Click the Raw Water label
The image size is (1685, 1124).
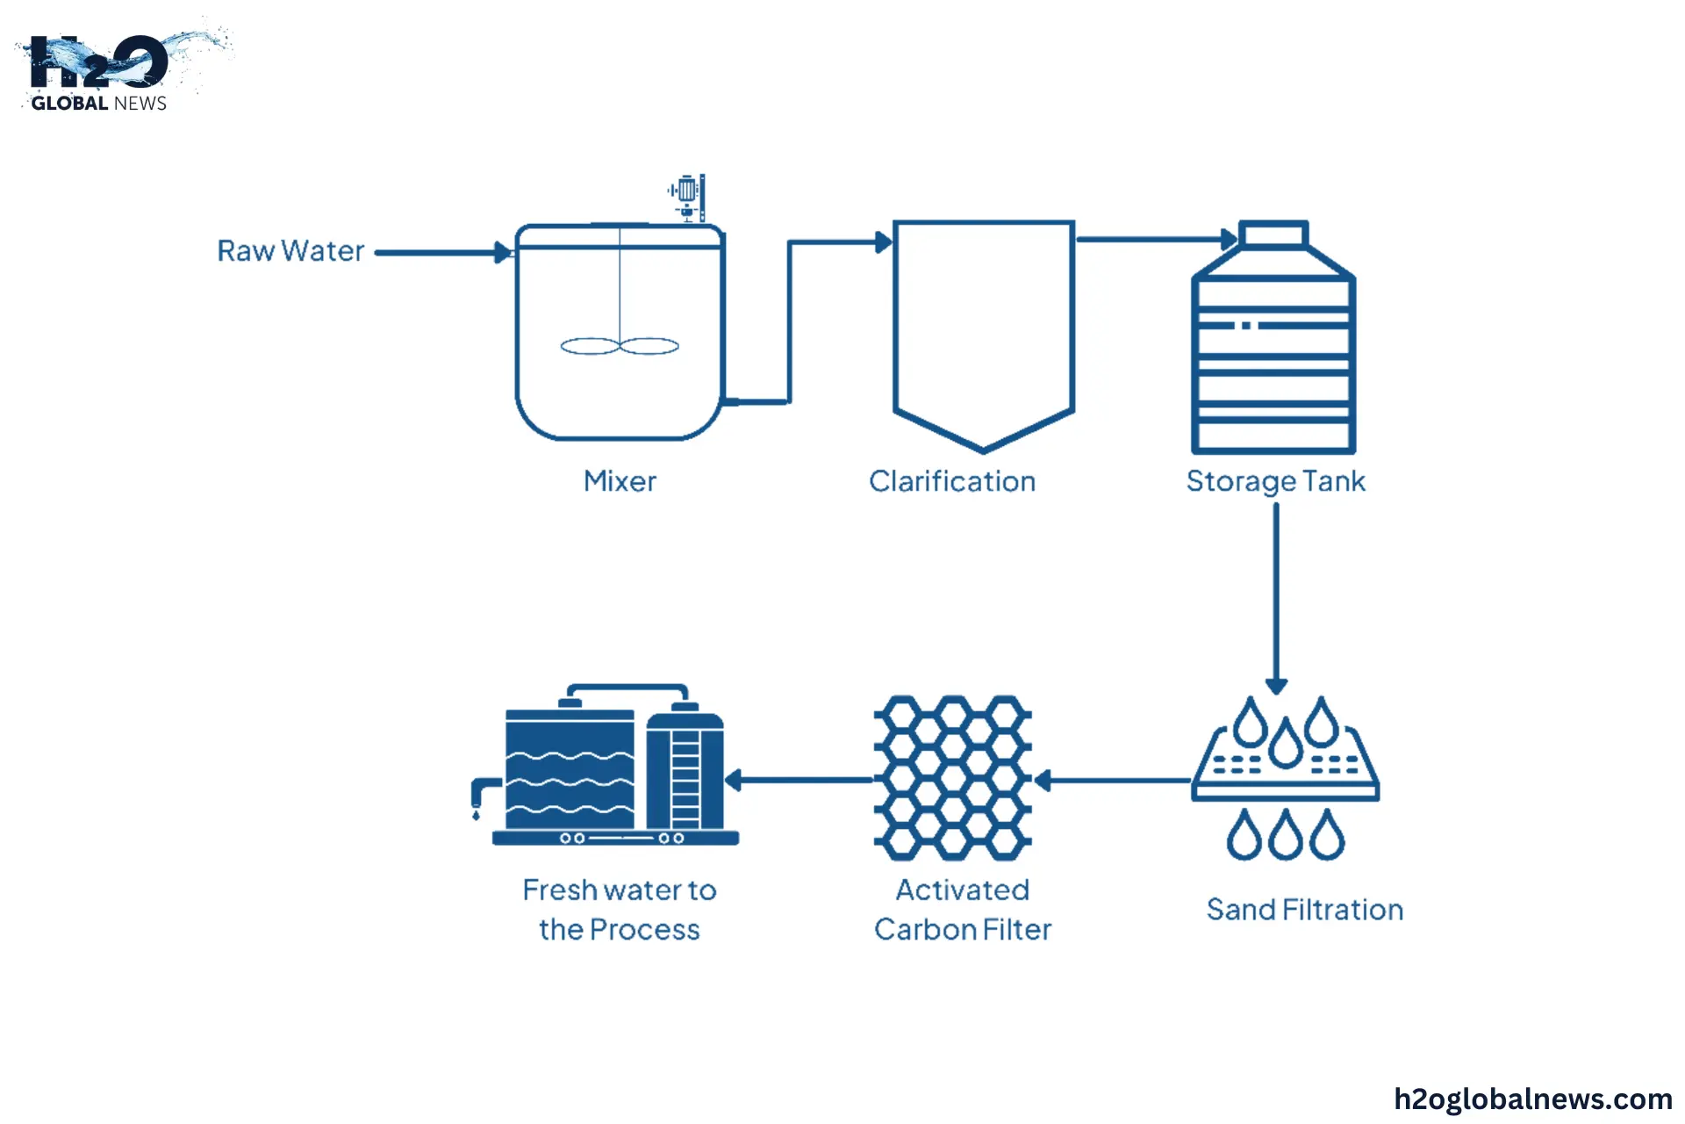tap(290, 251)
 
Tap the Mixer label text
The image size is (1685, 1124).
tap(620, 481)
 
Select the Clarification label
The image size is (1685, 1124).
tap(952, 481)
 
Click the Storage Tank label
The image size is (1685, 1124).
tap(1275, 481)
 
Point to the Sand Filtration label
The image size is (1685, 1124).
tap(1304, 910)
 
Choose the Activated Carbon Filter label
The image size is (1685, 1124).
tap(963, 910)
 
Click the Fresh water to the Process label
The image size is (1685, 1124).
tap(620, 910)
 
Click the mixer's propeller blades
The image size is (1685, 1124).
tap(620, 346)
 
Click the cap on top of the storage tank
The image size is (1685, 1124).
tap(1273, 234)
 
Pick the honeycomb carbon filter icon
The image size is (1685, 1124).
tap(953, 778)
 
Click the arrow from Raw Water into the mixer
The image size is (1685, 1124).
tap(443, 253)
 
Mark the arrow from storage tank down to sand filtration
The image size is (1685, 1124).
tap(1276, 597)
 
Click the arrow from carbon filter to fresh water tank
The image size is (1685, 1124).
tap(799, 780)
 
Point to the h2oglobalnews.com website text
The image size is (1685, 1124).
tap(1532, 1099)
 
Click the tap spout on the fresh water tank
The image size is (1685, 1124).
tap(481, 794)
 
